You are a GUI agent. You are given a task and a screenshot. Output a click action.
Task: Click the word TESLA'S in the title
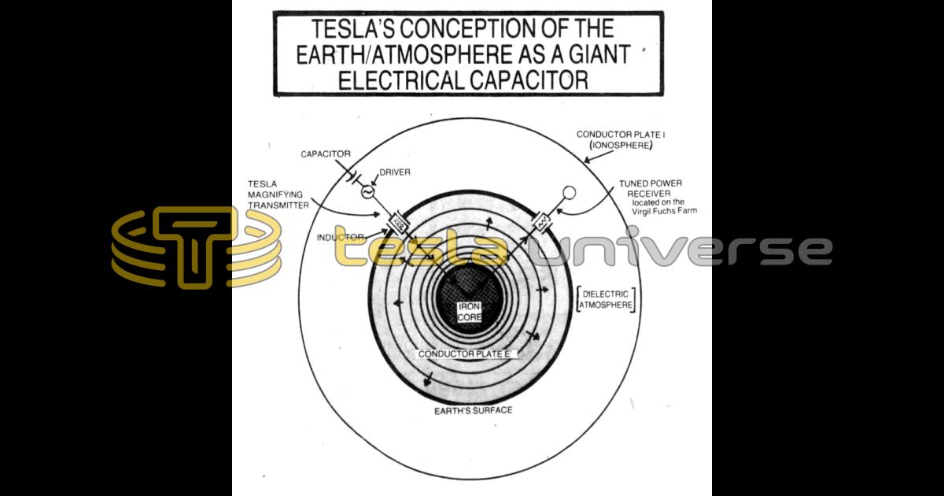click(347, 30)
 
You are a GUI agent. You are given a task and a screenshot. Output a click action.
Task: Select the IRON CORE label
click(470, 312)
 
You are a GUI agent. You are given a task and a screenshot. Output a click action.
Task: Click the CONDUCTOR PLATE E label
click(466, 355)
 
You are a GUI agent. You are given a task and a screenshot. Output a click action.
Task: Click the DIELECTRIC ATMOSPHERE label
click(606, 300)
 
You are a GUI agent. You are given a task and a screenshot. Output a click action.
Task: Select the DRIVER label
click(396, 172)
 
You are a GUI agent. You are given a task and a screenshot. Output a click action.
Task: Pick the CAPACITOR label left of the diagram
click(326, 154)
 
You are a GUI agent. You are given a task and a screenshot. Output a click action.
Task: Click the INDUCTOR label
click(341, 237)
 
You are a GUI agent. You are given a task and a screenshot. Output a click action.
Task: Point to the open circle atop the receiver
click(570, 192)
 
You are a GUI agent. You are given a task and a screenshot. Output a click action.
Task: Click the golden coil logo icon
click(197, 247)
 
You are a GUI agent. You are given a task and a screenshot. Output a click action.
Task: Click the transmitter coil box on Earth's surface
click(398, 224)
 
